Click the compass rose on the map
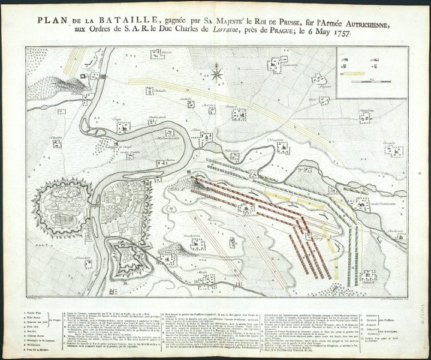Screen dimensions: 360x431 coord(217,74)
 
